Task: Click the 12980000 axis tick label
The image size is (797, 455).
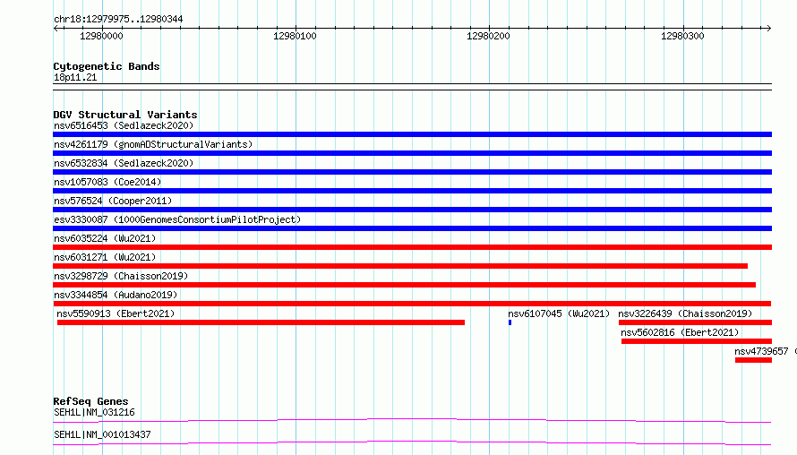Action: (101, 36)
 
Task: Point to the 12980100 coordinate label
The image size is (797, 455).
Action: (295, 36)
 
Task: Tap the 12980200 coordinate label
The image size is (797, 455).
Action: (488, 36)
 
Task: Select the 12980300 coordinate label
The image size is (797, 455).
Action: (682, 36)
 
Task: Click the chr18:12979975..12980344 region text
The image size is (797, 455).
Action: (118, 20)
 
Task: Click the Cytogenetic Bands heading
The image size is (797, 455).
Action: (107, 66)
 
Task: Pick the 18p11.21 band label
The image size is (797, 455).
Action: (75, 77)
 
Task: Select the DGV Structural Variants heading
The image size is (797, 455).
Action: (125, 115)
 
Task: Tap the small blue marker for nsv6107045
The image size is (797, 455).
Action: (510, 322)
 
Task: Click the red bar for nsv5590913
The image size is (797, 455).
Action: (261, 322)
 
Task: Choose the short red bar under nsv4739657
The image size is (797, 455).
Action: (753, 360)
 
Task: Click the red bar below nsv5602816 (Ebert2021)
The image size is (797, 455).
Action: (697, 341)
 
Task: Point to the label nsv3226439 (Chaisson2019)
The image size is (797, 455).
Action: (685, 313)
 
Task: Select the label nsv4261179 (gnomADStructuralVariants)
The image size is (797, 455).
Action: (153, 144)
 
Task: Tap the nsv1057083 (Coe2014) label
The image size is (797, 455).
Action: (107, 182)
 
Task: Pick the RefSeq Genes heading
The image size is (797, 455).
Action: (90, 401)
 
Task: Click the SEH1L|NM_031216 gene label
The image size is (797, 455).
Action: (95, 412)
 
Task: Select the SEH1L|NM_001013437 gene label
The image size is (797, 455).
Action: (102, 434)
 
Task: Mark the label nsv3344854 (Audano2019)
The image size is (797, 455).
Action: (116, 295)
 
